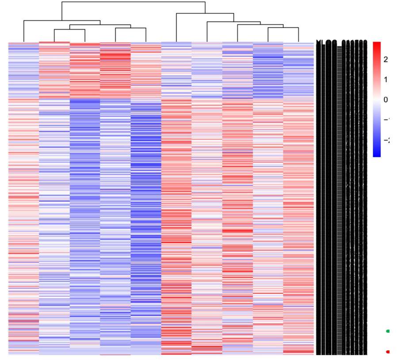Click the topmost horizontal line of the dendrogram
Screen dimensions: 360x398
(133, 2)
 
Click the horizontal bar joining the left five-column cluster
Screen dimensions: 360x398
(62, 21)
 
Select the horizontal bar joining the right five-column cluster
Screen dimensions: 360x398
(205, 14)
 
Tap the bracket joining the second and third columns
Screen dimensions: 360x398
(69, 30)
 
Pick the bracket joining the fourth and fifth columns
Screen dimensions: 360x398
(130, 28)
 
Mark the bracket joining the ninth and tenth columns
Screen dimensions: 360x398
(283, 28)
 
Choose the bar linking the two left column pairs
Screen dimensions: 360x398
(100, 25)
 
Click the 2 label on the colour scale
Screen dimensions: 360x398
(385, 60)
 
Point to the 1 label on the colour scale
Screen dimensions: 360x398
(385, 80)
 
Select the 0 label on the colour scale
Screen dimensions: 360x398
(385, 100)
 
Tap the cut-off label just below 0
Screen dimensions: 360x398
(386, 120)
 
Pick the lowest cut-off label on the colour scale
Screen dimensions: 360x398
(386, 141)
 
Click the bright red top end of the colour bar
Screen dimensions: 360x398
(377, 44)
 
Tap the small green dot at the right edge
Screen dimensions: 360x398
(388, 331)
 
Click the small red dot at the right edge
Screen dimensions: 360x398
(388, 352)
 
